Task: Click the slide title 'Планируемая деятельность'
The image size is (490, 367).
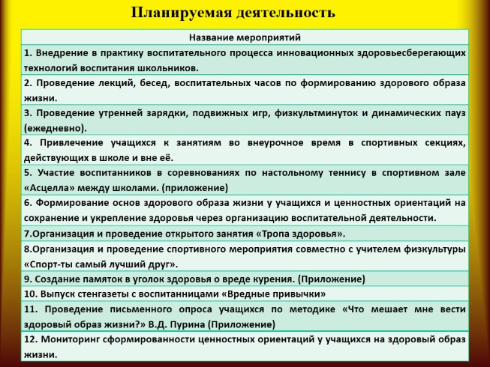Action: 233,13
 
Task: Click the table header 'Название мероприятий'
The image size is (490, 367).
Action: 245,37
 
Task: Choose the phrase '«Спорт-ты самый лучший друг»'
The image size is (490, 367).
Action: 101,264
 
